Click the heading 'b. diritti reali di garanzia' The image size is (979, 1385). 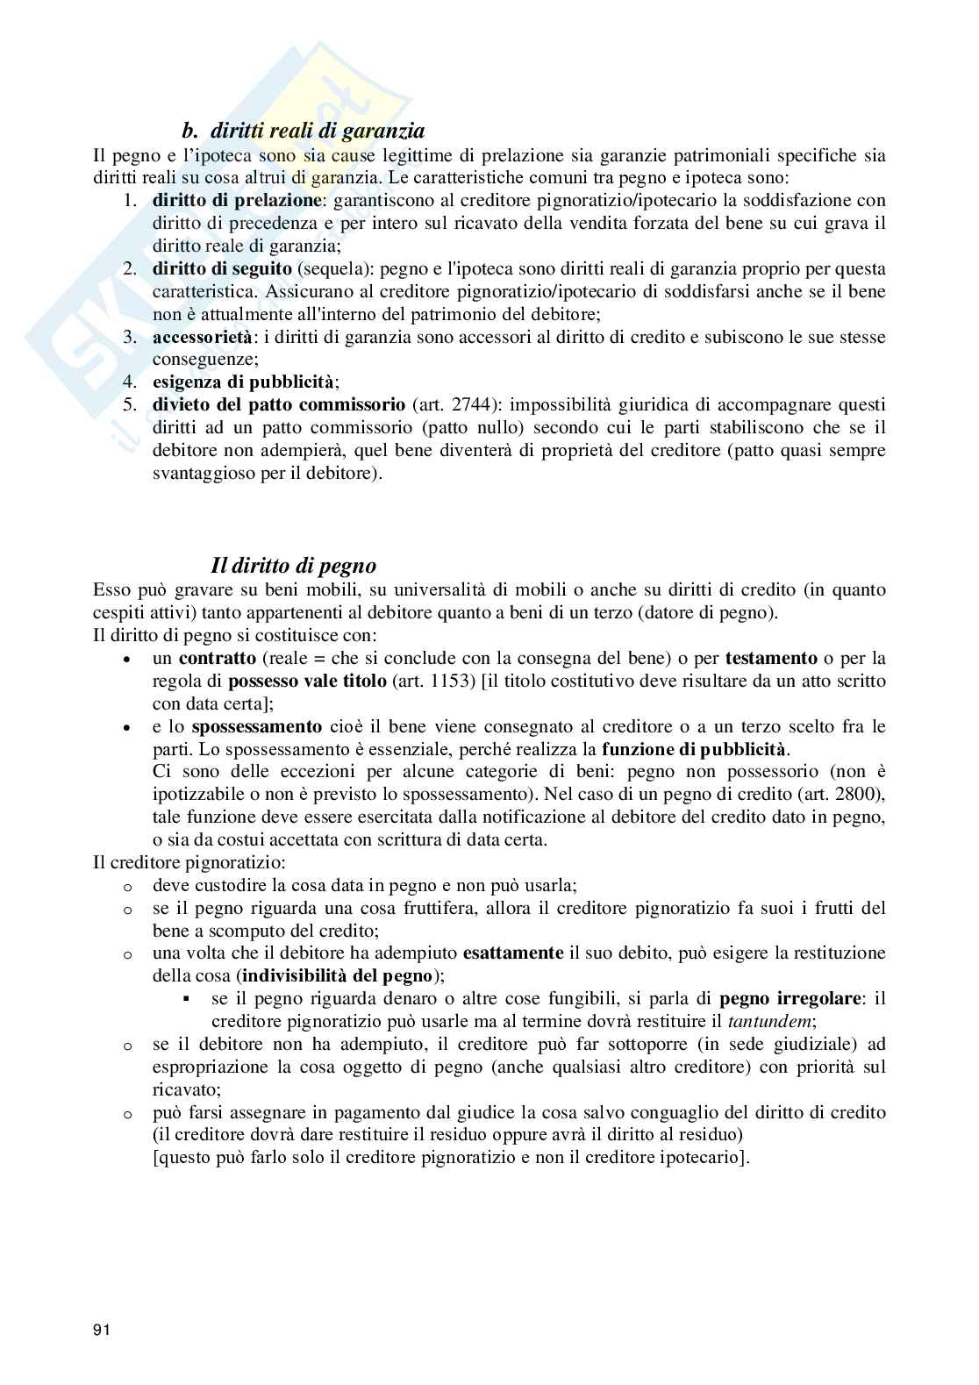click(303, 132)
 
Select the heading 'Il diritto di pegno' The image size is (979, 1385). click(294, 565)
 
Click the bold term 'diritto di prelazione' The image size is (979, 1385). click(236, 200)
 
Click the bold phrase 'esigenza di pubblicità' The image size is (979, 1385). click(243, 382)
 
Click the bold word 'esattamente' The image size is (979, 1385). click(512, 953)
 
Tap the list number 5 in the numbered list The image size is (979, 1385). click(129, 405)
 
